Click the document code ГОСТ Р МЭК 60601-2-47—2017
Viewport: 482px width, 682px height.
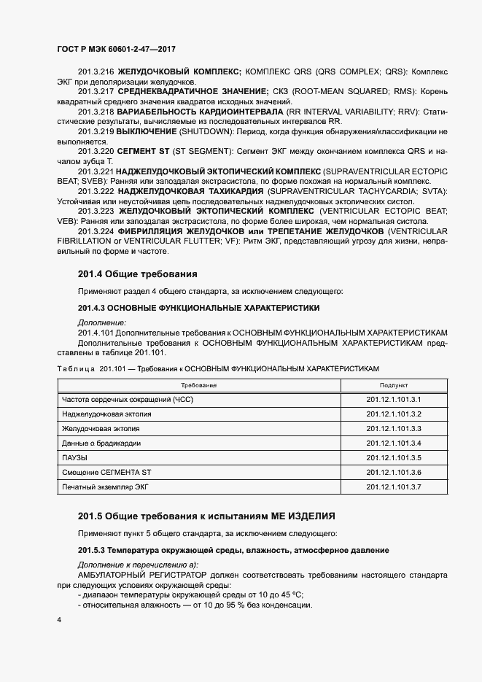(x=116, y=49)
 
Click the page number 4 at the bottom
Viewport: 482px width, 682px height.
(x=58, y=619)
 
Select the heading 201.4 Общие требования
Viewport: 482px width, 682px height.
(x=137, y=274)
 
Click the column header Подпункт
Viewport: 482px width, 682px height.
(x=394, y=385)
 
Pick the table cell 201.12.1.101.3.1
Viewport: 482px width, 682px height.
(x=394, y=400)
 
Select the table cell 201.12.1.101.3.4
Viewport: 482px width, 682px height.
(x=394, y=443)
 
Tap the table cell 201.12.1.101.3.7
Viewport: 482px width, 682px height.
(x=394, y=486)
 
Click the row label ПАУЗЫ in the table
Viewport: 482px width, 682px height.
(x=74, y=457)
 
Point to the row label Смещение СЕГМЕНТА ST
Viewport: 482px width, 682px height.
(x=106, y=472)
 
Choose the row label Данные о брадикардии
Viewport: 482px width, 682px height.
(x=101, y=443)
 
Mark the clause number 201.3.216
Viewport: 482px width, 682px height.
(x=96, y=72)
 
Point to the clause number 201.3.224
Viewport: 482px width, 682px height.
(x=96, y=231)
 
